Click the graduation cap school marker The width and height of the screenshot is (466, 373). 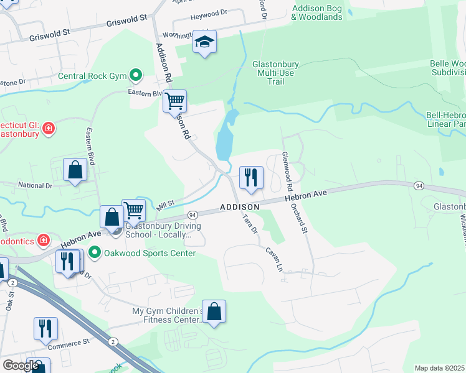(x=204, y=42)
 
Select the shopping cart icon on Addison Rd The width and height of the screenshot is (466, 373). (x=174, y=101)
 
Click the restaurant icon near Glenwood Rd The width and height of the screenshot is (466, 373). (x=251, y=177)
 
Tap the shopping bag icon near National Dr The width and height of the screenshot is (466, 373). (x=75, y=170)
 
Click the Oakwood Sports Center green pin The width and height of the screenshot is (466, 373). (x=95, y=253)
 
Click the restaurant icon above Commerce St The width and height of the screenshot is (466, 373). (x=45, y=329)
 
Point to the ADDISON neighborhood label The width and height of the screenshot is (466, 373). (x=239, y=206)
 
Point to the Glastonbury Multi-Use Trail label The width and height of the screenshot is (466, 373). (x=276, y=72)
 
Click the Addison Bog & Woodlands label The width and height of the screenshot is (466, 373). (x=317, y=12)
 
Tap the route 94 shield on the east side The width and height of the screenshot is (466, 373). (x=419, y=186)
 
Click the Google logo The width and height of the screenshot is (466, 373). (x=21, y=366)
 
